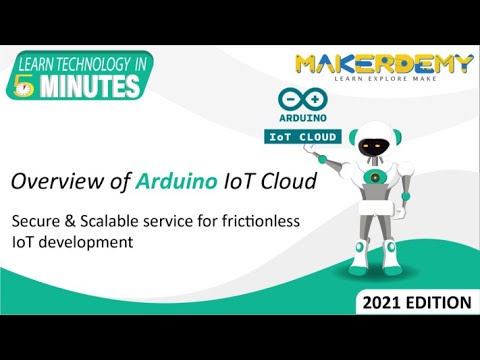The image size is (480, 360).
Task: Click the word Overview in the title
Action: coord(52,182)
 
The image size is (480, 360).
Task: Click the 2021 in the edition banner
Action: coord(385,301)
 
